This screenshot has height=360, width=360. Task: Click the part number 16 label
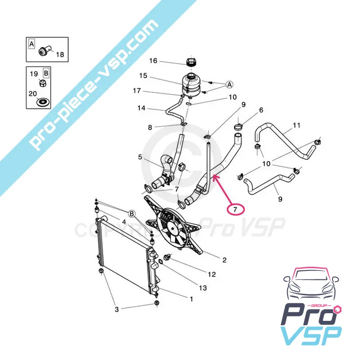tap(153, 61)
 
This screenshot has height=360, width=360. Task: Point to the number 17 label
tap(137, 90)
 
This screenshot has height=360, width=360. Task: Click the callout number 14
tap(141, 108)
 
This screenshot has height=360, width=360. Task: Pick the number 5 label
tap(140, 157)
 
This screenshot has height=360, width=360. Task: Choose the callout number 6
tap(261, 110)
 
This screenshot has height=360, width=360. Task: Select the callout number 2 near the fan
tap(224, 260)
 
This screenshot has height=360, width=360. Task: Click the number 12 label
tap(212, 274)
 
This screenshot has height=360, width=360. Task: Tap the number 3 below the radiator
tap(117, 309)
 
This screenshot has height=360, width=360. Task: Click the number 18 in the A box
tap(59, 55)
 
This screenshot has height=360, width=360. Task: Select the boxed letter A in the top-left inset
tap(31, 44)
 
